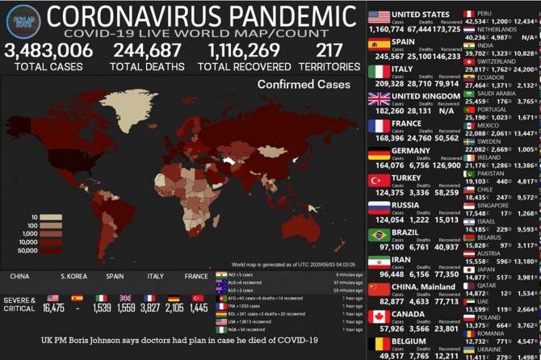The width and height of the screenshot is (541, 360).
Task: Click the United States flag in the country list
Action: coord(379,16)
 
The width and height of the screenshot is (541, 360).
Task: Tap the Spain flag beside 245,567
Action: coord(379,44)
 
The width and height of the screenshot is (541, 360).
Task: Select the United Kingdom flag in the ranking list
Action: coord(379,98)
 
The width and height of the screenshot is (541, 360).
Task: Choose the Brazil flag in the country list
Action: coord(379,235)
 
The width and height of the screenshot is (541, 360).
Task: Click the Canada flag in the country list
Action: coord(379,316)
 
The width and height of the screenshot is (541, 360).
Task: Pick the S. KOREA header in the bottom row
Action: coord(73,276)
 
